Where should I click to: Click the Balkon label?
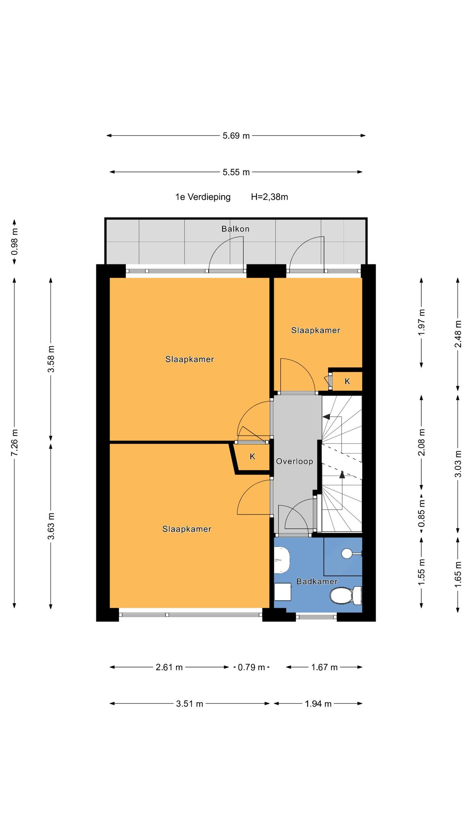pyautogui.click(x=235, y=229)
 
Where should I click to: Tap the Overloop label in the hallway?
pyautogui.click(x=294, y=461)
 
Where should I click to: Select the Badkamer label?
pyautogui.click(x=317, y=581)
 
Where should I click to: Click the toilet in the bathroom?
pyautogui.click(x=345, y=596)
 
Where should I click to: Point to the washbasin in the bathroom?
pyautogui.click(x=281, y=560)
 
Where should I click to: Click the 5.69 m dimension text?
pyautogui.click(x=236, y=136)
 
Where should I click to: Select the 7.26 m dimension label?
pyautogui.click(x=15, y=443)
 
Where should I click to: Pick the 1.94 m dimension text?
pyautogui.click(x=318, y=704)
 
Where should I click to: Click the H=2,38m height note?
pyautogui.click(x=269, y=197)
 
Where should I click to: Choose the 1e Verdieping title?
pyautogui.click(x=203, y=197)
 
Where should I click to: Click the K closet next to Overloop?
pyautogui.click(x=252, y=456)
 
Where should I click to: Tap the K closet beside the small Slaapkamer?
pyautogui.click(x=347, y=381)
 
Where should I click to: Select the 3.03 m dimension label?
pyautogui.click(x=458, y=464)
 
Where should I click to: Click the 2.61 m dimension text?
pyautogui.click(x=169, y=667)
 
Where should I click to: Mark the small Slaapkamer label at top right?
pyautogui.click(x=315, y=330)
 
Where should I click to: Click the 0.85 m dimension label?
pyautogui.click(x=421, y=513)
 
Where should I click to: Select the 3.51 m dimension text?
pyautogui.click(x=189, y=704)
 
